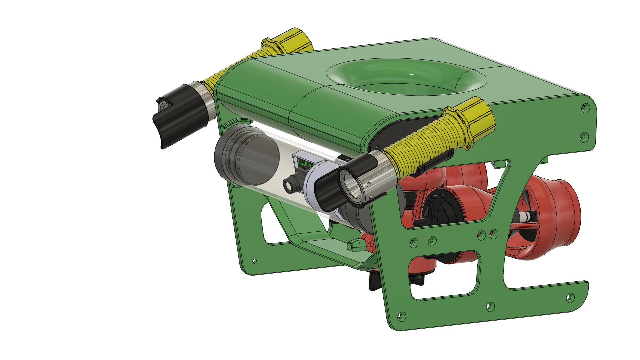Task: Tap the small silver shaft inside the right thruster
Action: click(525, 217)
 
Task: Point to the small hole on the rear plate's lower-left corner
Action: click(255, 260)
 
